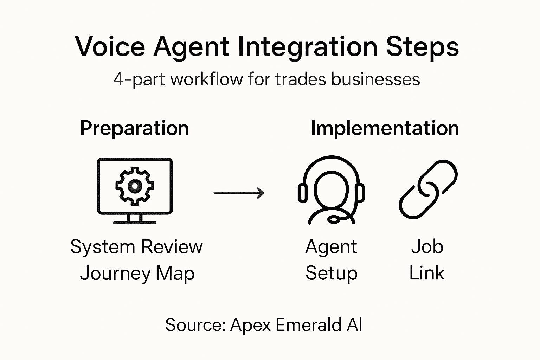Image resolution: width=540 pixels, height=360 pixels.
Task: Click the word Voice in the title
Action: (x=110, y=47)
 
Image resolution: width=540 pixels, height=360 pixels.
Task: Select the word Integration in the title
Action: (x=308, y=47)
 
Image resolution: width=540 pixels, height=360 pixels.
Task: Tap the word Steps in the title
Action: (x=422, y=47)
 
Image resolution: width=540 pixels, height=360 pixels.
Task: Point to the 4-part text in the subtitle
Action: (x=140, y=79)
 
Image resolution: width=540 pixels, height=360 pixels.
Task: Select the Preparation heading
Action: (x=134, y=128)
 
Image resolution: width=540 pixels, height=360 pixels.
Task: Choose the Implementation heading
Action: (x=385, y=128)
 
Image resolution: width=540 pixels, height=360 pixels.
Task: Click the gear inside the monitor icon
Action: (x=135, y=186)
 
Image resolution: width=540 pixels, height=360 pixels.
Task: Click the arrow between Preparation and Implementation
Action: (x=239, y=193)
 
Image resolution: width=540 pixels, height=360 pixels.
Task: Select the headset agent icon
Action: (x=331, y=190)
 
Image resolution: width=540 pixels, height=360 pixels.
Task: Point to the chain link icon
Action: (x=428, y=189)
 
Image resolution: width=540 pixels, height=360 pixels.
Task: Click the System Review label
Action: (x=136, y=246)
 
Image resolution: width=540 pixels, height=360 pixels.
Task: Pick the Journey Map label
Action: (x=137, y=274)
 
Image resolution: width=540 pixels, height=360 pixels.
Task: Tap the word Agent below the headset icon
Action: (x=331, y=246)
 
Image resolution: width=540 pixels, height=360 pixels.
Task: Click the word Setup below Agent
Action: (x=331, y=274)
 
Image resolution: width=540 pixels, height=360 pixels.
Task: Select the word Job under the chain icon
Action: (x=427, y=246)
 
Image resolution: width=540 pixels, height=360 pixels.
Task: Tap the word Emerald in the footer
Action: (x=308, y=324)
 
